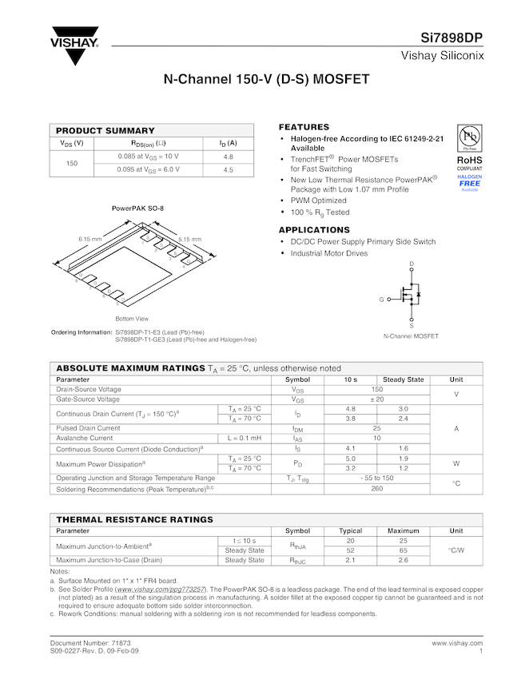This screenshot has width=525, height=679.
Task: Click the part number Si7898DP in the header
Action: (451, 38)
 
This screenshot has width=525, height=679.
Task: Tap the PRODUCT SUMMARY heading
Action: (105, 130)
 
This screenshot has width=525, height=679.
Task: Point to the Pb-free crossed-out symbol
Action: (469, 137)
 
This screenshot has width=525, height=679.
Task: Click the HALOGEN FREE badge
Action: (469, 183)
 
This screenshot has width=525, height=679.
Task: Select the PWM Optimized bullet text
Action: (318, 201)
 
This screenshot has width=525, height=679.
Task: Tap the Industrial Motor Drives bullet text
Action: (328, 253)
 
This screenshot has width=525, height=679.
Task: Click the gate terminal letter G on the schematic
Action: (382, 300)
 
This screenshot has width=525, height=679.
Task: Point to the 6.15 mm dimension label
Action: (89, 239)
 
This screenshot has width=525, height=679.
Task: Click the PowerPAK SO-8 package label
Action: (137, 208)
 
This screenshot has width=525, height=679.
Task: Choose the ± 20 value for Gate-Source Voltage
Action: (377, 399)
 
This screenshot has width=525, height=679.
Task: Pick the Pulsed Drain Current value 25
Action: (377, 428)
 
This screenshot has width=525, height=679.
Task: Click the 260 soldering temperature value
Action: (377, 488)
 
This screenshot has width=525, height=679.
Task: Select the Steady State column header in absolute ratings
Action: (404, 379)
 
